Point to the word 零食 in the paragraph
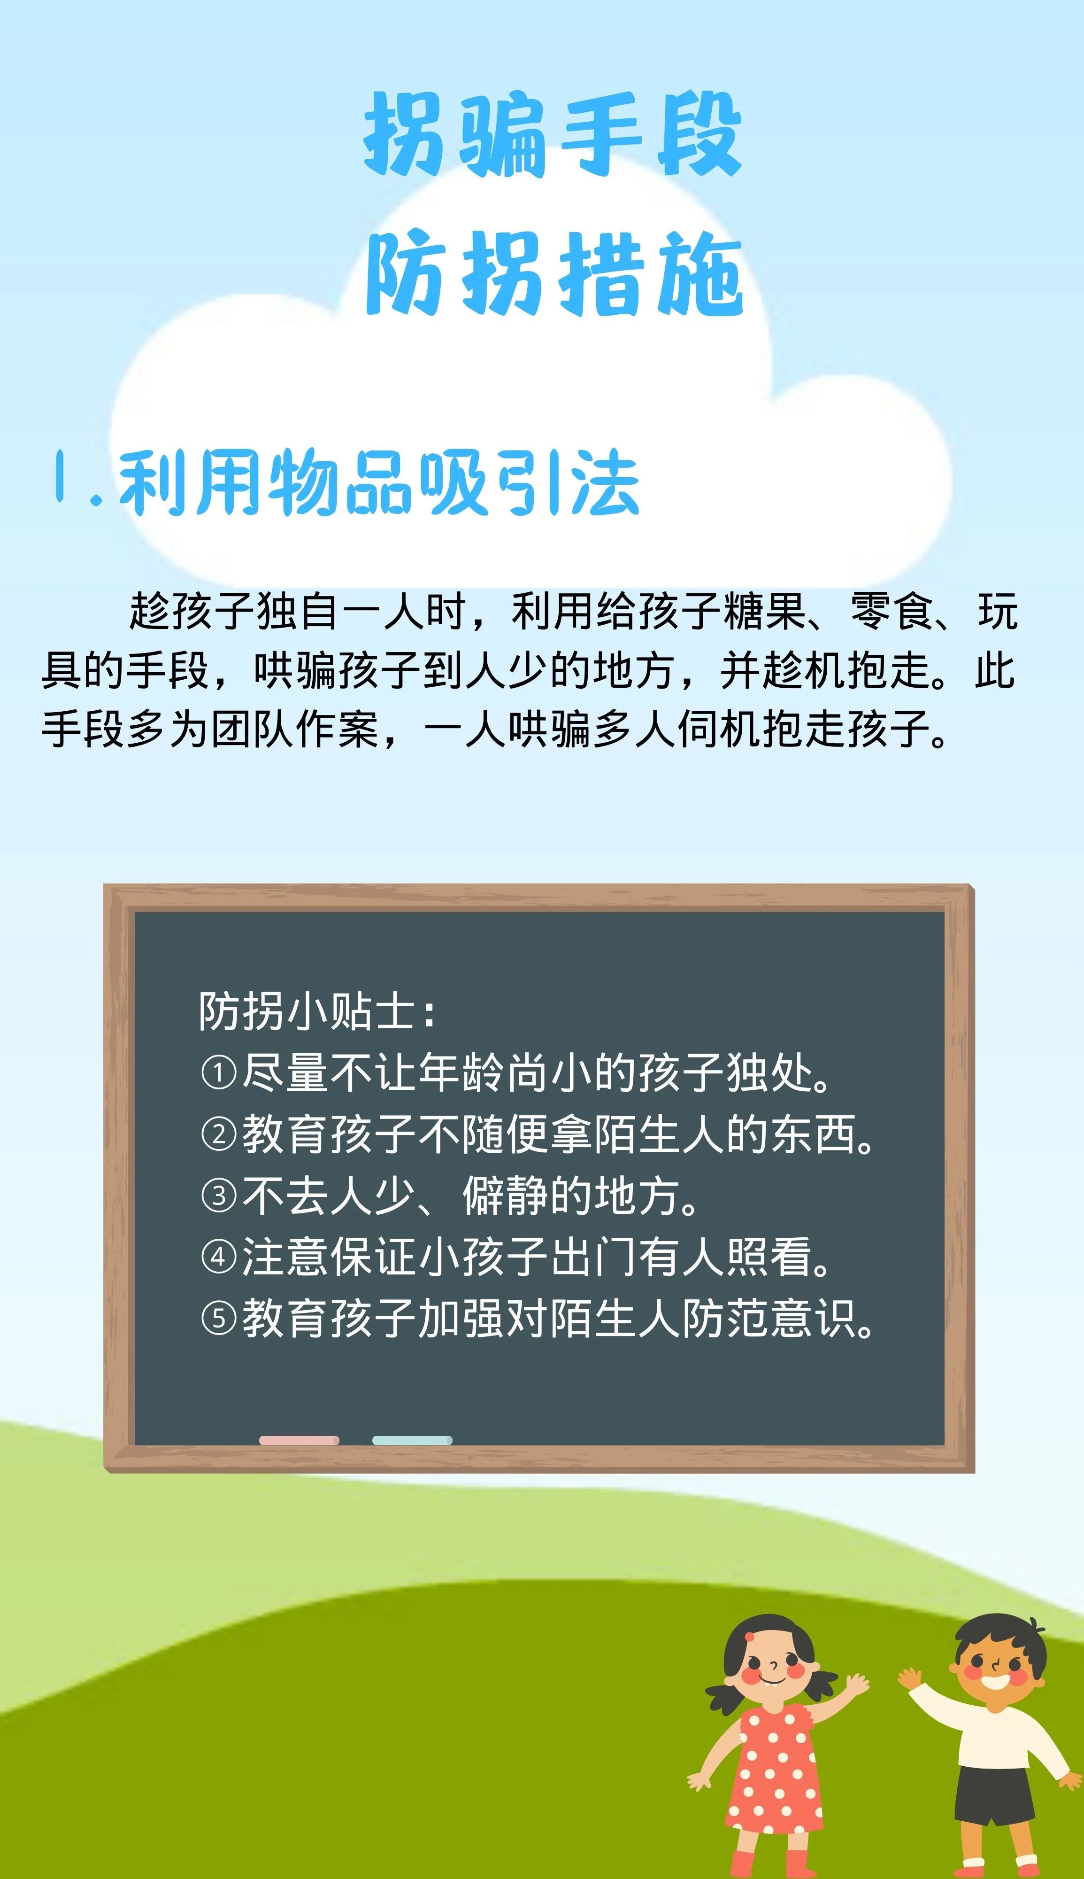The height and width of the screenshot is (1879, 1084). coord(892,612)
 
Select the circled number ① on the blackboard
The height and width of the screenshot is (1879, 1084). coord(219,1073)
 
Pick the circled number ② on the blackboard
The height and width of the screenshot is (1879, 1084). coord(219,1134)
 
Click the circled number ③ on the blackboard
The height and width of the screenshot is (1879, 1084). coord(219,1196)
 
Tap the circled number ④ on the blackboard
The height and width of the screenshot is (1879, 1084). coord(219,1257)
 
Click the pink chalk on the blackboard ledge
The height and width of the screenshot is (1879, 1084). coord(300,1440)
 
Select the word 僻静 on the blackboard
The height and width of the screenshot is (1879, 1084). coord(506,1196)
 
